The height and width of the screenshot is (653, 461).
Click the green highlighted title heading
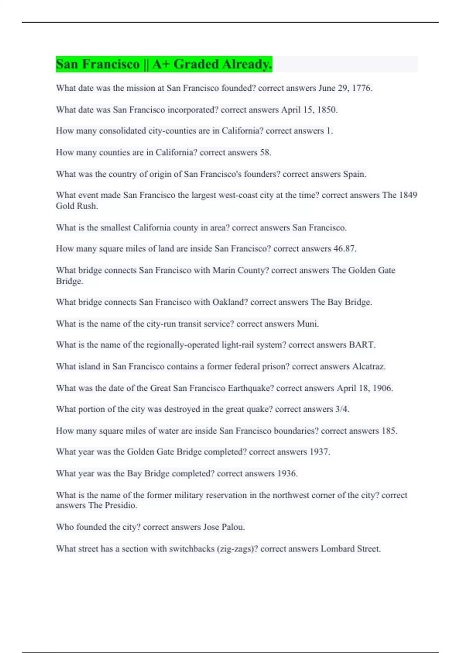pos(164,64)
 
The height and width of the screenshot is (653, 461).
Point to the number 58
pos(265,152)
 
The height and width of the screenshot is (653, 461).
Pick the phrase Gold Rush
pos(76,206)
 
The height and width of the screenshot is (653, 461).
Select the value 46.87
pos(344,249)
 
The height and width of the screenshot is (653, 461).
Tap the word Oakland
pos(229,302)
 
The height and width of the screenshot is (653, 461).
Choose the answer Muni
pos(307,324)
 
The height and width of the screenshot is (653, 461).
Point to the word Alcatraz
pos(368,366)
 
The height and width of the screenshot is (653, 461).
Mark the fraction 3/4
pos(342,409)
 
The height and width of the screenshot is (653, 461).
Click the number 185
pos(389,431)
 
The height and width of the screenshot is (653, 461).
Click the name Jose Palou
pos(224,527)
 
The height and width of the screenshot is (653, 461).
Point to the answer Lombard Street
pos(350,549)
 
